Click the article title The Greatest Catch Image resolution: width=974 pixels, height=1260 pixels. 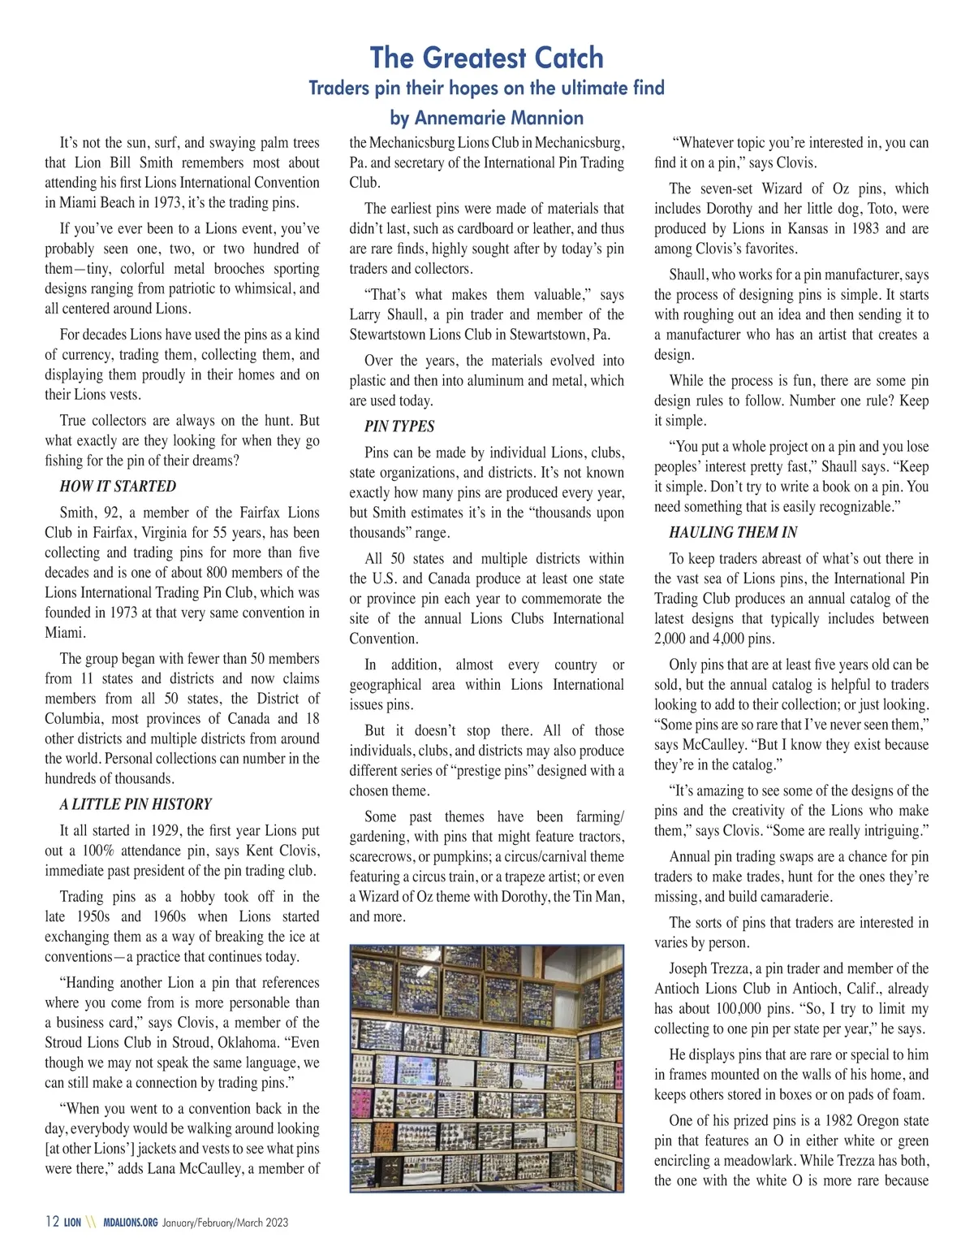(x=486, y=58)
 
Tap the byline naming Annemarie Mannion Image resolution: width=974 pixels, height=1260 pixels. (x=486, y=118)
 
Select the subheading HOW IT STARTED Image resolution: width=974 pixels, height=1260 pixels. (x=118, y=487)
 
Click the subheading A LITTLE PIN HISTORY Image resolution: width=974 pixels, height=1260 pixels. (x=135, y=804)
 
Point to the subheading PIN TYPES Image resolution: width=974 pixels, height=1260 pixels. (x=399, y=426)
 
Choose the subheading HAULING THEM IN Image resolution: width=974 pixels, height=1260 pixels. (x=733, y=533)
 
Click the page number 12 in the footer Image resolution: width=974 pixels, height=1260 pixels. (x=52, y=1222)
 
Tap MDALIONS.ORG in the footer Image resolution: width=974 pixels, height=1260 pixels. (x=131, y=1223)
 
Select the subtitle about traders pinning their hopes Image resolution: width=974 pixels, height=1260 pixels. (x=486, y=88)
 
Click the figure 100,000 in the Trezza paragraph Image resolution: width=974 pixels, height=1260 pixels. (x=752, y=1009)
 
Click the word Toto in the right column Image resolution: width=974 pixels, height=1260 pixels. (x=843, y=209)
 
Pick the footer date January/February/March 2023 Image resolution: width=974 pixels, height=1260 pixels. (x=225, y=1223)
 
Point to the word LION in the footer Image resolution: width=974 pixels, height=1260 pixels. (x=73, y=1223)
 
